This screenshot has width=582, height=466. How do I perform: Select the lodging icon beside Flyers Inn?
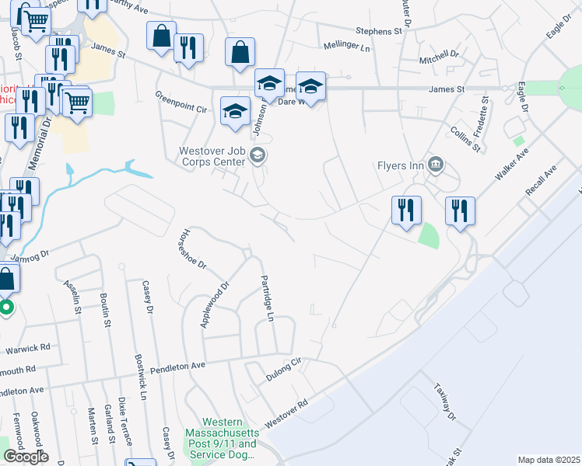click(436, 164)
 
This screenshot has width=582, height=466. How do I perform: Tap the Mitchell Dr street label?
click(440, 57)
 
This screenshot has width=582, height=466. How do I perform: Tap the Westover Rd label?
click(286, 413)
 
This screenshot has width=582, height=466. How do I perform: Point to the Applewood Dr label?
click(216, 304)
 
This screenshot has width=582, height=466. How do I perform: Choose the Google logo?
click(25, 457)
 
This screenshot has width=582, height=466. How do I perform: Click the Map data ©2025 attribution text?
click(549, 460)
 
